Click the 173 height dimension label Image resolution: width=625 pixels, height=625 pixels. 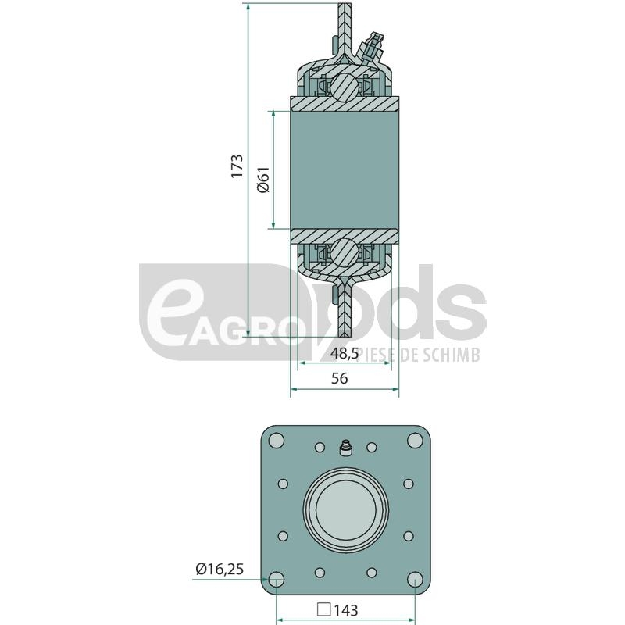coord(237,166)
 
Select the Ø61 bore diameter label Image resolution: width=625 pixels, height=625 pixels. coord(263,179)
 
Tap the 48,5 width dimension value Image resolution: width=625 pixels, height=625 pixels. coord(345,354)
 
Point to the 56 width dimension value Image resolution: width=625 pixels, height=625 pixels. coord(340,378)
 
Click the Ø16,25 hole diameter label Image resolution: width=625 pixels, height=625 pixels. coord(220,569)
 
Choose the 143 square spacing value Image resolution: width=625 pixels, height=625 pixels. coord(346,610)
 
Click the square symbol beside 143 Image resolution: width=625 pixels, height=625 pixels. coord(323,609)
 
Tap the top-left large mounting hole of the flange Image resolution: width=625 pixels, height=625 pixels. coord(277,441)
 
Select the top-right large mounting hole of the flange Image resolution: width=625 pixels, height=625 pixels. coord(415,441)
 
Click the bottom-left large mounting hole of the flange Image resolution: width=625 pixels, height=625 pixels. coord(277,579)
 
